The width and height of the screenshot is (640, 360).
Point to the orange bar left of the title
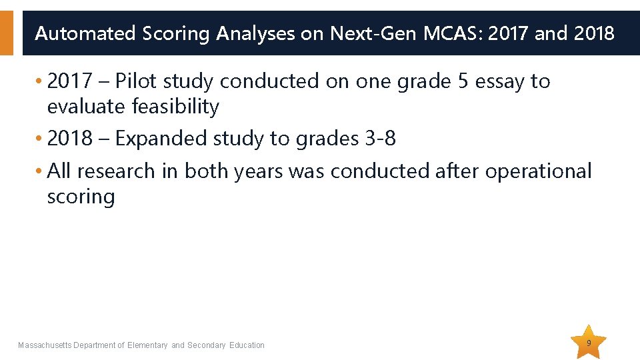click(x=6, y=33)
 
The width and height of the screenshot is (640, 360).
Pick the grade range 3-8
click(x=381, y=138)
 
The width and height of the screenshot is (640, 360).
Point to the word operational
click(x=538, y=171)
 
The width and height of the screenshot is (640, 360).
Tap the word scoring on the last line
click(x=81, y=196)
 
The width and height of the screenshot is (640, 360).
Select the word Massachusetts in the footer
click(x=45, y=345)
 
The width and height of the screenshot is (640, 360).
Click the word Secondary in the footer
click(x=207, y=345)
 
